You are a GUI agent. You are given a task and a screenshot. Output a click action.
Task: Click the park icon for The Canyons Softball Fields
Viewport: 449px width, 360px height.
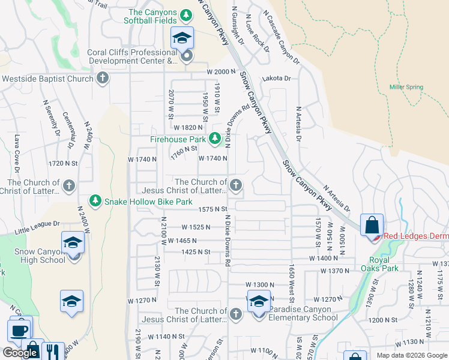[186, 14]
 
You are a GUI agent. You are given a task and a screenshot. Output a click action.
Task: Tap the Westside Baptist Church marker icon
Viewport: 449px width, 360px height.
[103, 79]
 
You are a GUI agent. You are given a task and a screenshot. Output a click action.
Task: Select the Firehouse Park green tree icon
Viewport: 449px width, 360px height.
[215, 139]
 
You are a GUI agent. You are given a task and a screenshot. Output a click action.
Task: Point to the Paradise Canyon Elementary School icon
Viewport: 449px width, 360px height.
[259, 303]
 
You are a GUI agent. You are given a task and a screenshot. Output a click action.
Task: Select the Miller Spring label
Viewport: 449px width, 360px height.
[406, 88]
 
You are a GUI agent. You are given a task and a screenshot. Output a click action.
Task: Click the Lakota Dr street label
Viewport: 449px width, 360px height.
[276, 79]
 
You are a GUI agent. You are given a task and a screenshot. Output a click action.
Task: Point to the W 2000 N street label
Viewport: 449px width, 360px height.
[219, 71]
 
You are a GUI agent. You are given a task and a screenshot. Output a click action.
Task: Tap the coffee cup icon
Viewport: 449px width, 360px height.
[19, 330]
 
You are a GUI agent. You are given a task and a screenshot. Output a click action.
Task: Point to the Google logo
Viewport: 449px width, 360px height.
[20, 353]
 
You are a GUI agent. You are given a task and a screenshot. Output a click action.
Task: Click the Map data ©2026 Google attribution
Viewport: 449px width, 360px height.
[411, 355]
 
